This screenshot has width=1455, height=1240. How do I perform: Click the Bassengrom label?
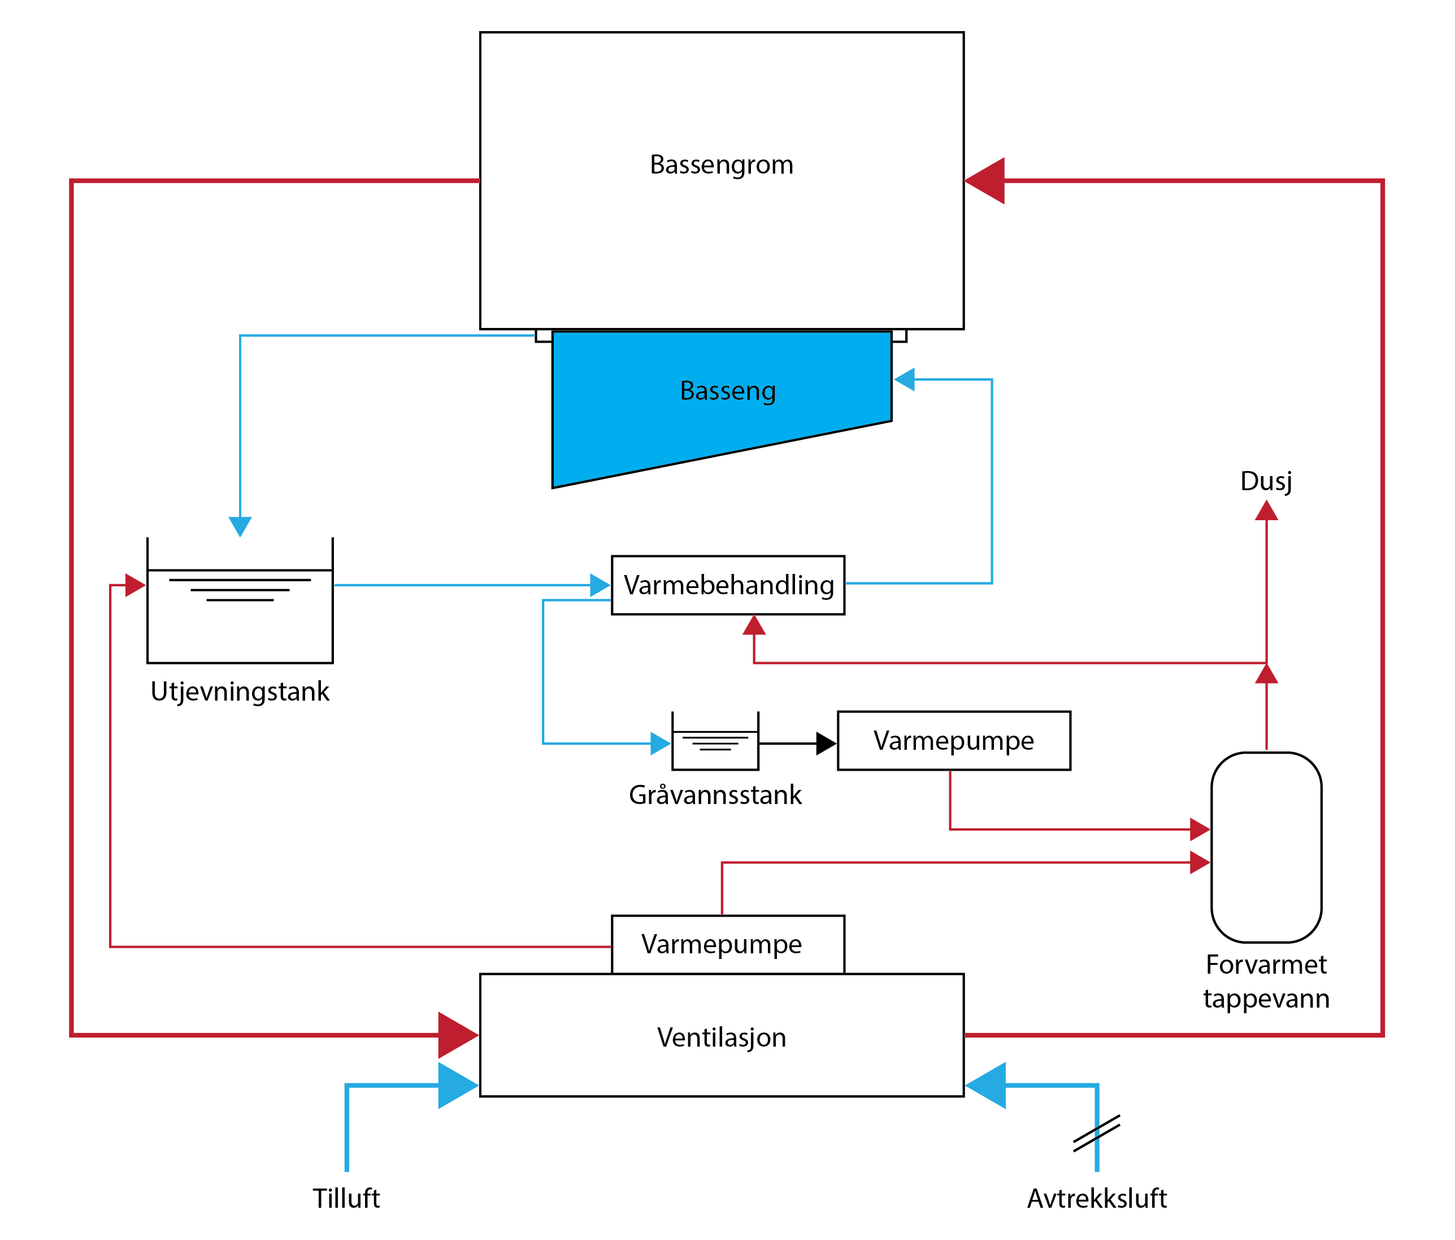(x=721, y=165)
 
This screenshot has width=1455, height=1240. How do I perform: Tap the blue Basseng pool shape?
(x=702, y=408)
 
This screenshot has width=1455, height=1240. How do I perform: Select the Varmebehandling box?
(x=728, y=585)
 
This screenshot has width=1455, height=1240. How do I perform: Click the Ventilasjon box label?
(x=721, y=1038)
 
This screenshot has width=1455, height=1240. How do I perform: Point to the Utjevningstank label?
(x=240, y=692)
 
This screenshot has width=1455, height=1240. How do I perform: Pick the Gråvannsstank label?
(x=715, y=794)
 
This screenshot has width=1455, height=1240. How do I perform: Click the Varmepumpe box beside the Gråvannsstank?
(x=954, y=741)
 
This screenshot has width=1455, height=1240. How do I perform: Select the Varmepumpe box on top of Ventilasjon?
(x=728, y=944)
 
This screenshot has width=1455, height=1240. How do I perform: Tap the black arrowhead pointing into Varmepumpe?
(x=826, y=744)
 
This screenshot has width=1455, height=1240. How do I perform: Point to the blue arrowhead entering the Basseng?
(x=905, y=379)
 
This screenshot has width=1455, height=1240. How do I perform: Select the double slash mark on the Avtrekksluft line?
(x=1096, y=1134)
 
